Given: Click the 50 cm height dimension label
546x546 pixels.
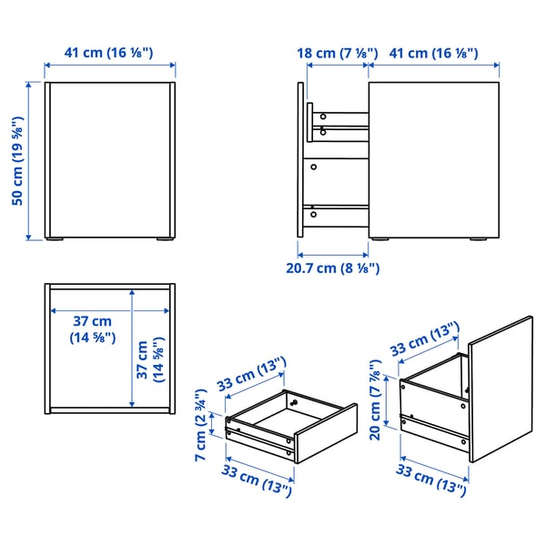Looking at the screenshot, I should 17,160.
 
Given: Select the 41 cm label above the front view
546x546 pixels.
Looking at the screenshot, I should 108,52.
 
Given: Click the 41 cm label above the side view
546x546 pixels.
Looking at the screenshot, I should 433,53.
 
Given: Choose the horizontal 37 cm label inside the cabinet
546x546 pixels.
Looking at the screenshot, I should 93,329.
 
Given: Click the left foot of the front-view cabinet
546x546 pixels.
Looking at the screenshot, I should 56,240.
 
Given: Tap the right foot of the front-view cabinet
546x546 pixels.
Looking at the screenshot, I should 162,240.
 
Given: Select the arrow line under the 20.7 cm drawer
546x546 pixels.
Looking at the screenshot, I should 333,253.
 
